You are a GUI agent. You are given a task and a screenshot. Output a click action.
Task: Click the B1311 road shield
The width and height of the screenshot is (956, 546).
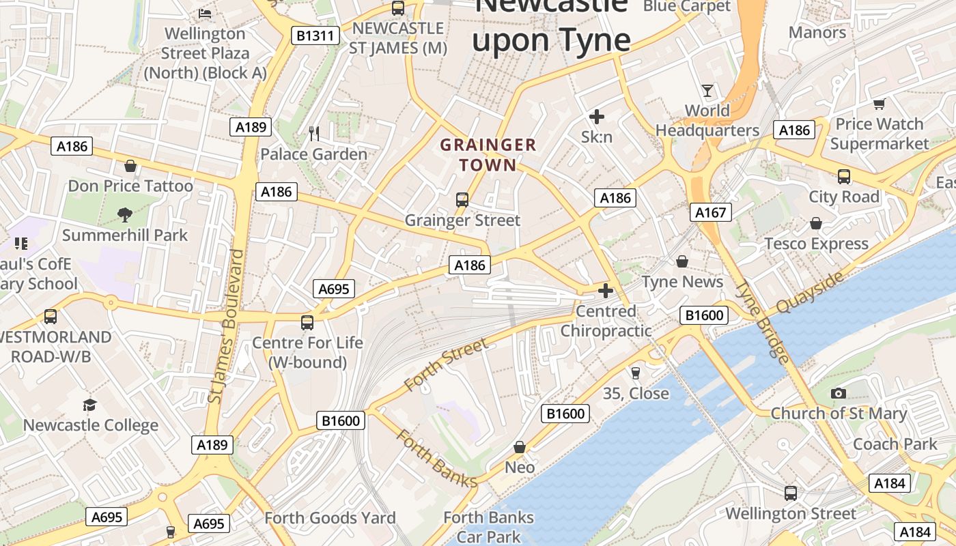(315, 35)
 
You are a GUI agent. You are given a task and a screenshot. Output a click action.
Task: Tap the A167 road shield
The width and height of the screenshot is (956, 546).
(710, 212)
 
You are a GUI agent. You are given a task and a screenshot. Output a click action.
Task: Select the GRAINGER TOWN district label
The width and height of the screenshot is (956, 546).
(488, 155)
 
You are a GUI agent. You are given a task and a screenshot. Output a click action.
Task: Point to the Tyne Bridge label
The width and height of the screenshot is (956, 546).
(763, 323)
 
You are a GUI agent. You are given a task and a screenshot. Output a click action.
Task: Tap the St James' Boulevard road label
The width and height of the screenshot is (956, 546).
(226, 326)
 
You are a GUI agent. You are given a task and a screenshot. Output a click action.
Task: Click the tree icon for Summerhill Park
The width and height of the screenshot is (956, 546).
(125, 215)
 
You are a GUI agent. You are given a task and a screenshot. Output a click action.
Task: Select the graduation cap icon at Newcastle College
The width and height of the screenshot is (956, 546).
(90, 405)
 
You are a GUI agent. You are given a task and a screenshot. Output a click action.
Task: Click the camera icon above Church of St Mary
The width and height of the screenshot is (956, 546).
(839, 393)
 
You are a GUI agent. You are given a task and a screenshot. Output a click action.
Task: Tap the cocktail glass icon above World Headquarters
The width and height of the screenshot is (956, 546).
(707, 91)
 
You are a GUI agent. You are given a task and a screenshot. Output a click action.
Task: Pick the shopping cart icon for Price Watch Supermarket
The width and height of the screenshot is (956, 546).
(879, 104)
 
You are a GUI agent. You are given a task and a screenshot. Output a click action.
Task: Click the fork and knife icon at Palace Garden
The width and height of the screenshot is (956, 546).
(314, 134)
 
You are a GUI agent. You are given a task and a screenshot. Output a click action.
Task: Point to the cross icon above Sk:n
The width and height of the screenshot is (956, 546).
(596, 117)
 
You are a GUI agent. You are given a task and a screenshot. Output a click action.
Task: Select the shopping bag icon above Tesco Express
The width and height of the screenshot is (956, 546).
(816, 224)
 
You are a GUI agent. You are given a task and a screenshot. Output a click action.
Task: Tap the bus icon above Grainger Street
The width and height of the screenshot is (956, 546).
(462, 200)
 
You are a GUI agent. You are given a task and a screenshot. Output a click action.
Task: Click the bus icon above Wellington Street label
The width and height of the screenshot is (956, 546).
(791, 493)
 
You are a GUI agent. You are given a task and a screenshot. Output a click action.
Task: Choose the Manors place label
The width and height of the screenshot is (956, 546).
(817, 32)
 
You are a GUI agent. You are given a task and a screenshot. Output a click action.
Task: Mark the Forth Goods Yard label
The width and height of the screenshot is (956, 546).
(330, 518)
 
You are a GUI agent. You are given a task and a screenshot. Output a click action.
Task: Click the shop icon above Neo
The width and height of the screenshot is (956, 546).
(520, 447)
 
